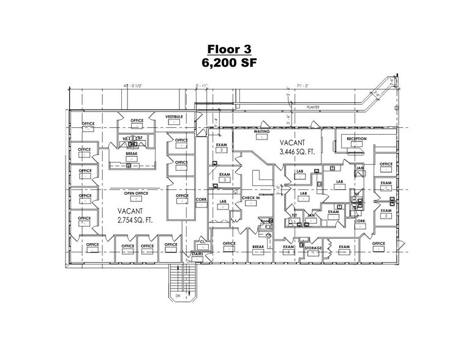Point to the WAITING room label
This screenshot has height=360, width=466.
point(263,132)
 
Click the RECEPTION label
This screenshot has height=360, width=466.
point(356,139)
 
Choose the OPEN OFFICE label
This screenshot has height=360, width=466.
point(137,193)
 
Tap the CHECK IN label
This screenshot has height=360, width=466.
point(250,198)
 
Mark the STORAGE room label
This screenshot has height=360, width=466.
point(313,248)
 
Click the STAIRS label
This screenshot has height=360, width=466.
point(197,252)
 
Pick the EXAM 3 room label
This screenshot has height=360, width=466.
point(225,177)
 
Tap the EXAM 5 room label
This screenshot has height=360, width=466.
point(287,249)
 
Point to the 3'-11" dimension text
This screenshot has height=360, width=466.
point(202,86)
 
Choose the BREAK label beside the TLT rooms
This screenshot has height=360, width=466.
point(130,154)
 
